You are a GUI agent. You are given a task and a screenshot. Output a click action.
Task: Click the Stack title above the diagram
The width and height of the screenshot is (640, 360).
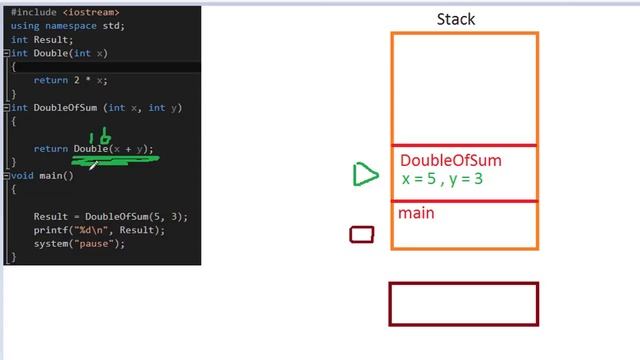coord(455,19)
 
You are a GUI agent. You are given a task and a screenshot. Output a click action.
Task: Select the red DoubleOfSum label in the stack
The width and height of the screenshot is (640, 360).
coord(450,161)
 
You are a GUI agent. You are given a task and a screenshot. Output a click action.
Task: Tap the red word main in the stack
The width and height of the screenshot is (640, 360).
coord(416,213)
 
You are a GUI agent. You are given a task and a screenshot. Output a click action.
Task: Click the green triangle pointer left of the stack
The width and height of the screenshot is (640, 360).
coord(365,175)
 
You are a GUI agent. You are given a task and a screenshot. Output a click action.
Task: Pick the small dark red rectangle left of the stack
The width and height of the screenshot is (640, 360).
coord(362,235)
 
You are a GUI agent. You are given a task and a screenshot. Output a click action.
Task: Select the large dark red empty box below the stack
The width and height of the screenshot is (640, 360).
coord(463,304)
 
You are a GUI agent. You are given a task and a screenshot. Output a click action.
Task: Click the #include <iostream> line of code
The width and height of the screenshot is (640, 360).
coord(65,13)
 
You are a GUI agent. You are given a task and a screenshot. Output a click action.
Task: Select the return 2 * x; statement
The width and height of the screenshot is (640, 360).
coord(70,80)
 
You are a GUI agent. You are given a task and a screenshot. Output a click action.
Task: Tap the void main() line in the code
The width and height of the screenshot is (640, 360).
coord(43,175)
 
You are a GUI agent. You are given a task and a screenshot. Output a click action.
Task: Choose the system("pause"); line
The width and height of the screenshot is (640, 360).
coord(79,244)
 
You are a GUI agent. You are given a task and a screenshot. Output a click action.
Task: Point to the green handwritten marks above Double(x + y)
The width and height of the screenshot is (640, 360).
coord(100,137)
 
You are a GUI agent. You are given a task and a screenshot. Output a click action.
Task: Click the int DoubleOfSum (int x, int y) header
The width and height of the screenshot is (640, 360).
coord(95,108)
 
